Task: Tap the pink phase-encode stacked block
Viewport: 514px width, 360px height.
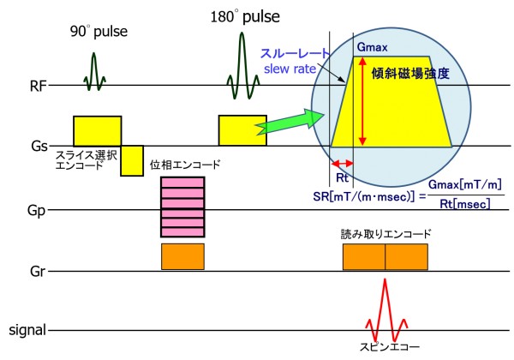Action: click(x=182, y=206)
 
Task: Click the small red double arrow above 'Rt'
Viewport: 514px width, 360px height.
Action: click(x=343, y=163)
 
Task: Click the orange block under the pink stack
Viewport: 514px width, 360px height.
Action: click(x=182, y=256)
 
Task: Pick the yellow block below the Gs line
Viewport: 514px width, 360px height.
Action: click(x=131, y=161)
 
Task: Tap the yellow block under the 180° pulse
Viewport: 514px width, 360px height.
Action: click(x=242, y=130)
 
